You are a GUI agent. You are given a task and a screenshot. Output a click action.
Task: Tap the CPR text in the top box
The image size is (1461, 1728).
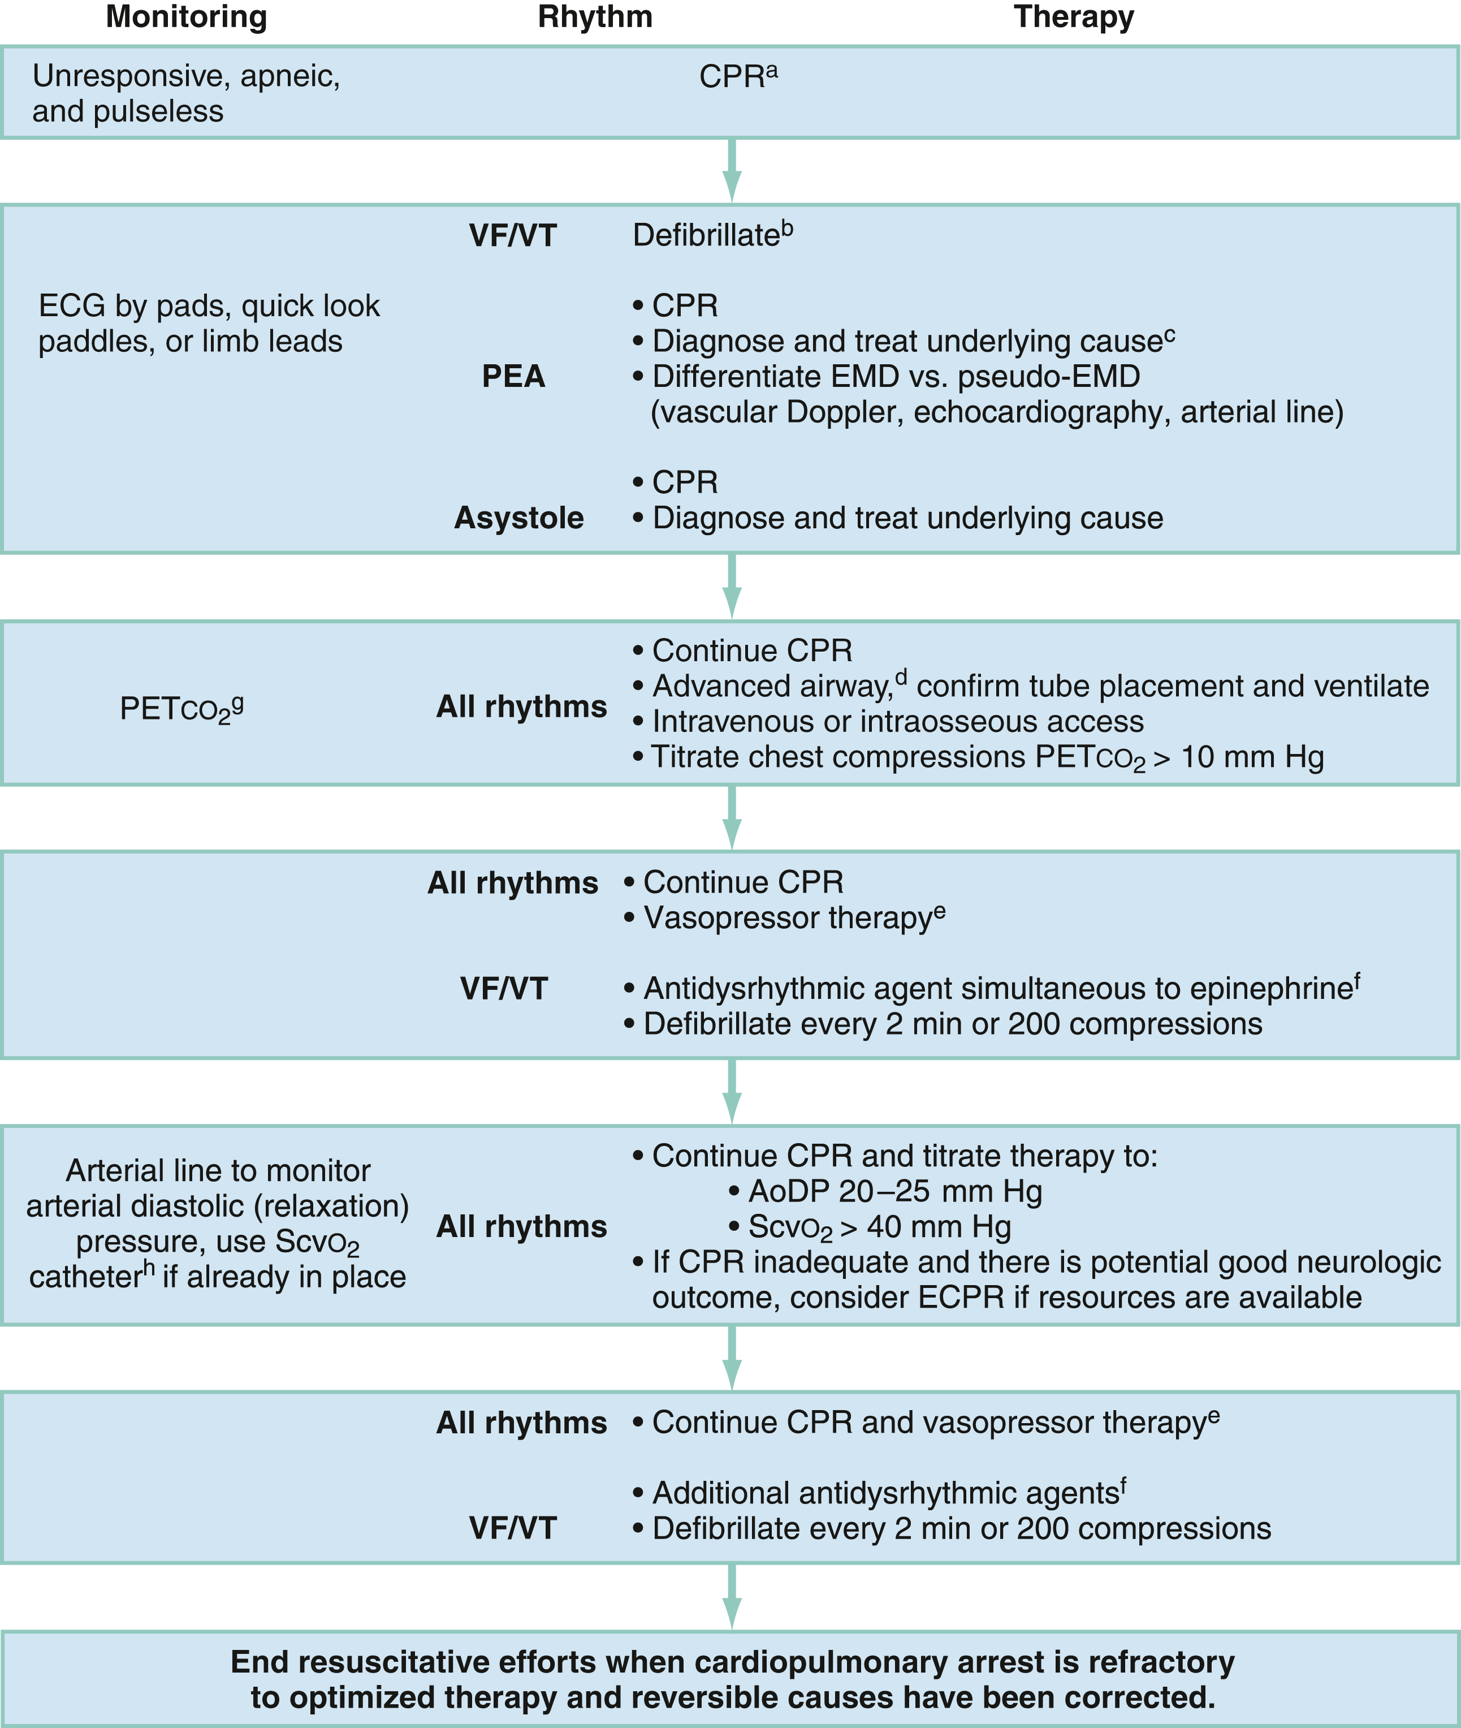pos(737,77)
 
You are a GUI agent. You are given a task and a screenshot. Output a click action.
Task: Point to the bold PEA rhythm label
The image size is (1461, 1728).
pos(513,377)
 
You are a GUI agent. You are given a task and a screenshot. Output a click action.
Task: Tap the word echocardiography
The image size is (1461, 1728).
pos(1042,412)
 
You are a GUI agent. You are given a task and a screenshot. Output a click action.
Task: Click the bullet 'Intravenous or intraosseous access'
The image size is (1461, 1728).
pos(897,722)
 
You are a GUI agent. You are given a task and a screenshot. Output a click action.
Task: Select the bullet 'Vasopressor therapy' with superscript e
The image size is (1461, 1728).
pos(793,918)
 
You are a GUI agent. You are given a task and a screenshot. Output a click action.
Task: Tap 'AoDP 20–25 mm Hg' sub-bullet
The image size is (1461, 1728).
pos(894,1192)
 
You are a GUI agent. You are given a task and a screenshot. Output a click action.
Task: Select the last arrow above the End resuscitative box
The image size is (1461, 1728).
pos(731,1597)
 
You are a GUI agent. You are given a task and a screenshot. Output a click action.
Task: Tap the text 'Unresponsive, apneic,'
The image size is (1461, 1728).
pos(187,76)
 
